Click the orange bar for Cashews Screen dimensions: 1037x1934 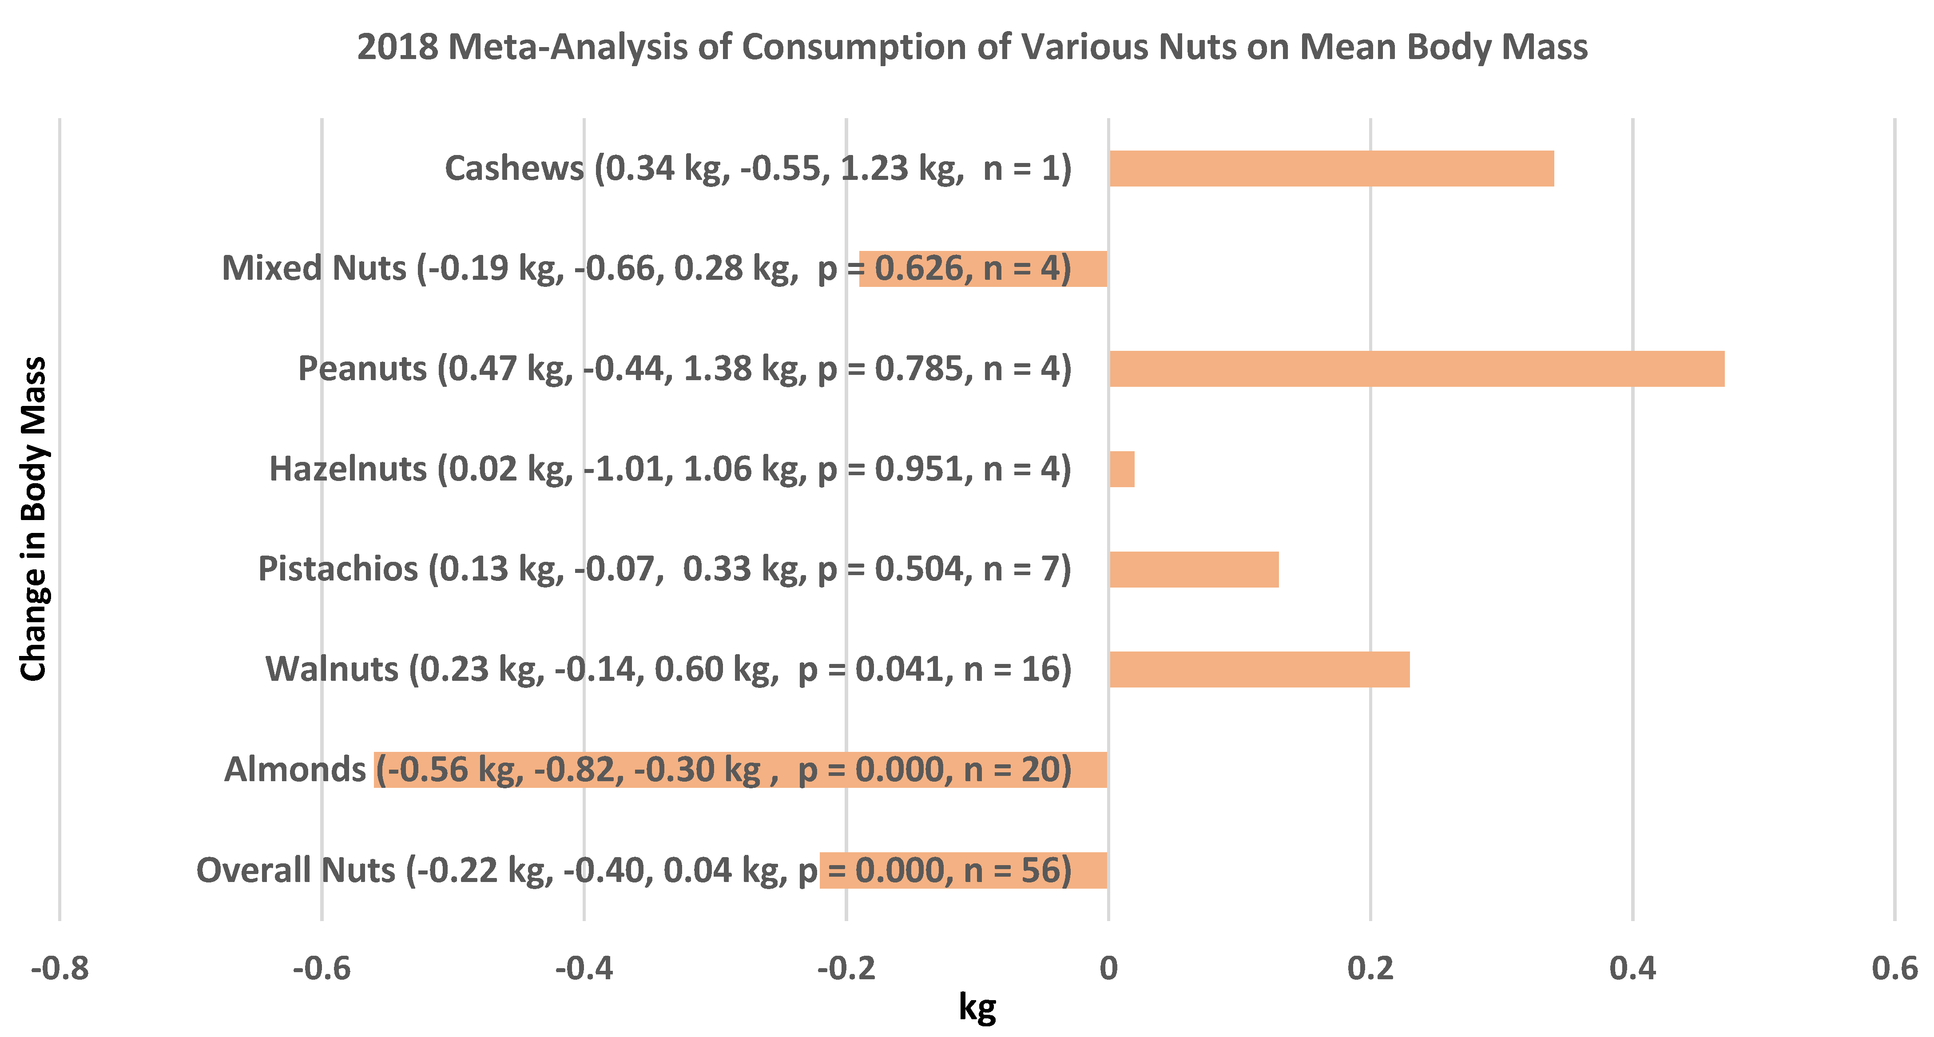click(1331, 168)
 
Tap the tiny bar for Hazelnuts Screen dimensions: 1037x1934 click(1122, 469)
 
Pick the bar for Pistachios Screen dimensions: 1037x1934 click(1194, 569)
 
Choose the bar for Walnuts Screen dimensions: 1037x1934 click(1259, 669)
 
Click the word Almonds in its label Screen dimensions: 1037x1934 click(295, 770)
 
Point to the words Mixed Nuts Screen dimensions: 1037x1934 click(314, 268)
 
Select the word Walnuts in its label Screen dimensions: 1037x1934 click(332, 669)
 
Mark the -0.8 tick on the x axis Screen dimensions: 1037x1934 click(60, 969)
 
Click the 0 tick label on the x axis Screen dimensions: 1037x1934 click(1108, 969)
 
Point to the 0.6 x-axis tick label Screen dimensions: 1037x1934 click(1894, 969)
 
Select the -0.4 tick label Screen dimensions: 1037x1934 click(584, 969)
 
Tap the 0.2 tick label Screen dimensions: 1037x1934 click(1370, 969)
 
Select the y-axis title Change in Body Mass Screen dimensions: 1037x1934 click(34, 519)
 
